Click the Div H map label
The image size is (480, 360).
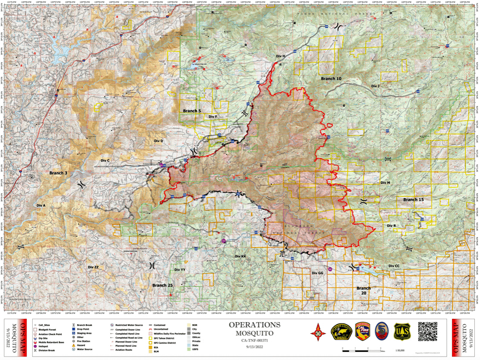[281, 56]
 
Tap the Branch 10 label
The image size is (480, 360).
[331, 79]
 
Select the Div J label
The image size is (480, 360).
[375, 86]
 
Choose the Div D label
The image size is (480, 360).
[159, 141]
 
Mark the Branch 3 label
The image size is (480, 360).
[58, 173]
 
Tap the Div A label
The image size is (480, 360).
[41, 206]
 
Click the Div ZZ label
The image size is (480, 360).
[93, 267]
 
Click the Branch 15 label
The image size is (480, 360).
[413, 200]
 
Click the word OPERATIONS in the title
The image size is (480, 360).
[254, 325]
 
